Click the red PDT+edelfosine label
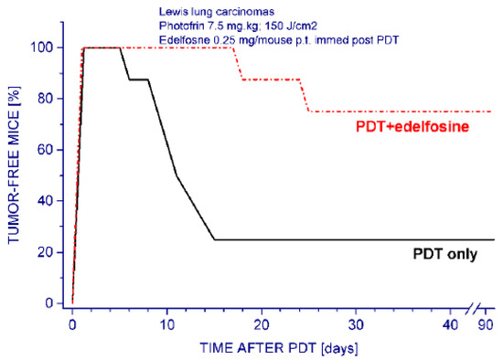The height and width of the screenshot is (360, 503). pyautogui.click(x=416, y=128)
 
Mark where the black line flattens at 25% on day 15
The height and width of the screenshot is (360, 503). pyautogui.click(x=214, y=239)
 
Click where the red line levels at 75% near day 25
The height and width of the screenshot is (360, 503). pyautogui.click(x=309, y=111)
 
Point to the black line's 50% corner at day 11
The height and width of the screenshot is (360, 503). pyautogui.click(x=177, y=175)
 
